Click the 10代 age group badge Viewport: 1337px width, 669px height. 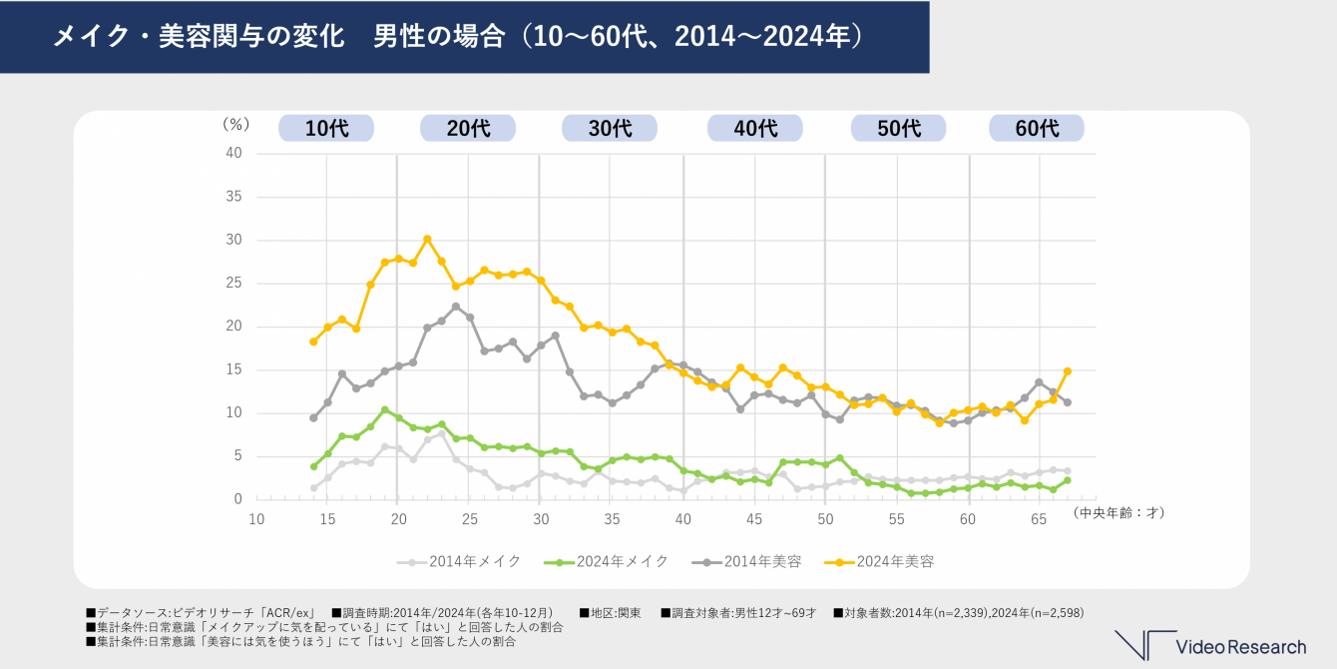click(x=326, y=128)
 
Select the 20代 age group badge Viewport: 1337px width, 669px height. click(x=468, y=128)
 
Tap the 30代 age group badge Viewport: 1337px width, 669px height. click(x=610, y=128)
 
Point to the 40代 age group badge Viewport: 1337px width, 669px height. click(x=755, y=128)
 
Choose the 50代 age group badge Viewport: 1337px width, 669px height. click(x=898, y=128)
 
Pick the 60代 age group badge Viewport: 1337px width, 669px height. click(x=1037, y=128)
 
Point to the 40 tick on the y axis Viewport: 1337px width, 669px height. click(x=234, y=153)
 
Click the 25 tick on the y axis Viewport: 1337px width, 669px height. click(x=234, y=283)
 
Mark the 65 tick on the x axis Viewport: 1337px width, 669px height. click(x=1039, y=517)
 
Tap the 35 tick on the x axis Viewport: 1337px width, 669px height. click(x=612, y=517)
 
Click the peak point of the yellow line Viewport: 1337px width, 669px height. click(x=427, y=239)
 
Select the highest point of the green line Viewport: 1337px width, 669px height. click(x=384, y=409)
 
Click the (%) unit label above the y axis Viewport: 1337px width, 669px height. click(x=234, y=126)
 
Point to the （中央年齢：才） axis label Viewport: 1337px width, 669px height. click(x=1118, y=512)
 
